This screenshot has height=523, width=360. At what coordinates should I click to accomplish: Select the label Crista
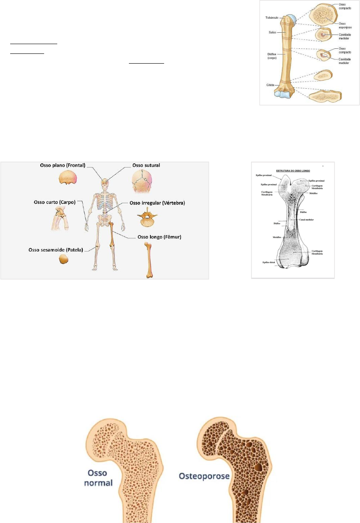[270, 85]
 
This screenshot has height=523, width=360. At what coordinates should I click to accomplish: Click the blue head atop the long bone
[290, 20]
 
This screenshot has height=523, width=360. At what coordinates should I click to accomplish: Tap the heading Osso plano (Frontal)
[70, 166]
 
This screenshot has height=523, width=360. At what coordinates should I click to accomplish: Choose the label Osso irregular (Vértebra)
[156, 203]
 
